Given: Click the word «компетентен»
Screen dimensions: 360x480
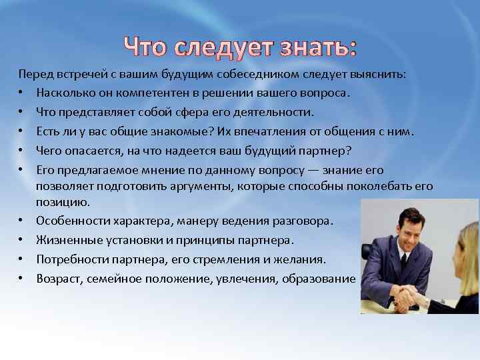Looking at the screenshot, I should click(152, 93).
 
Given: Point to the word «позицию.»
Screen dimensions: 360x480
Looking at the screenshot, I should click(62, 201).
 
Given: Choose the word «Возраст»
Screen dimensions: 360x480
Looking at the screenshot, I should click(59, 278).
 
